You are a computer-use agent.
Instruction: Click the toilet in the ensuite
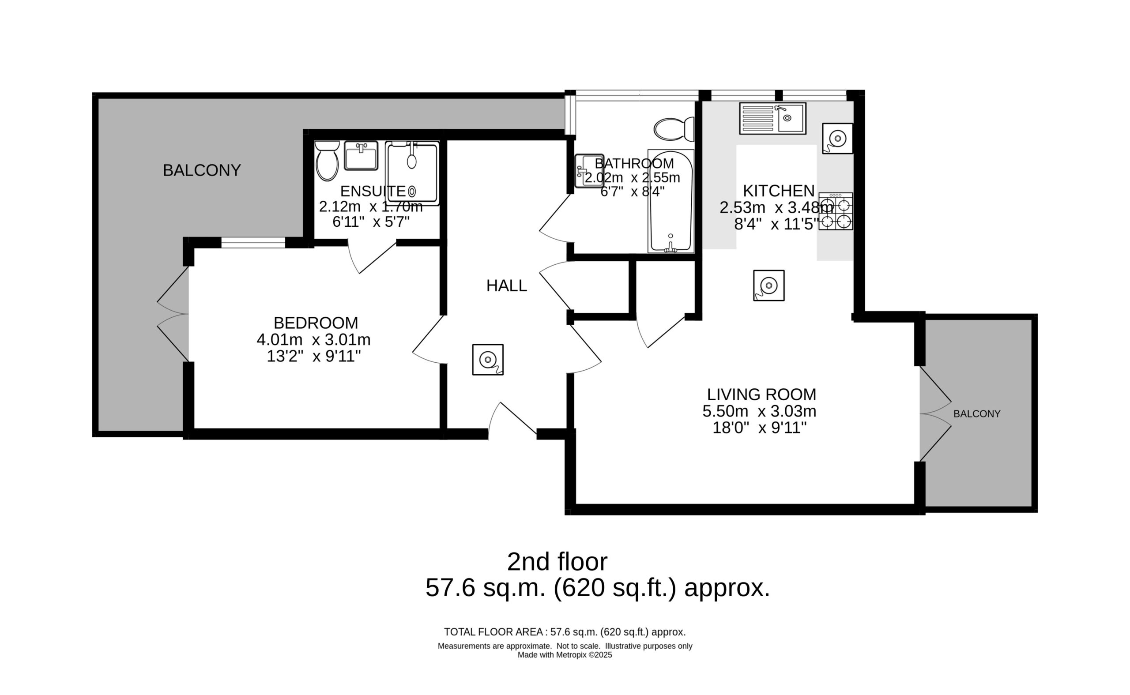click(x=327, y=161)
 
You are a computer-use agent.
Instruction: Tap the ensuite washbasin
click(x=361, y=155)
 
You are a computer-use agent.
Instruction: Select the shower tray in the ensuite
click(x=412, y=173)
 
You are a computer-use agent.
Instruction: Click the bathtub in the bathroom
click(x=671, y=201)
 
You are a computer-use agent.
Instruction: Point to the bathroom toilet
click(x=674, y=129)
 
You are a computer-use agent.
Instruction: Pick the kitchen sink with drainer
click(x=773, y=118)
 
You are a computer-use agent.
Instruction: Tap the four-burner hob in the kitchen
click(x=836, y=211)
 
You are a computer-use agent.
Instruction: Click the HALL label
click(x=507, y=286)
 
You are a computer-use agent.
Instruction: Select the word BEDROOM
click(x=316, y=323)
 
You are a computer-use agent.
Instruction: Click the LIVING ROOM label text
click(x=762, y=394)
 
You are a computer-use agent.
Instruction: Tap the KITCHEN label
click(x=779, y=190)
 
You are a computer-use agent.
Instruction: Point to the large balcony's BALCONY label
click(x=202, y=170)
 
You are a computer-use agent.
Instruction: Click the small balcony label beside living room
click(x=977, y=414)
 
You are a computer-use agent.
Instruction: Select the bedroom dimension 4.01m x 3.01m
click(x=313, y=340)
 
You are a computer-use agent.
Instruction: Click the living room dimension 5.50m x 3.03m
click(x=760, y=411)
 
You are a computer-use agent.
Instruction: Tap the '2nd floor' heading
click(x=557, y=561)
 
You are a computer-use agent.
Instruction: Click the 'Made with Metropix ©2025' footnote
click(x=565, y=655)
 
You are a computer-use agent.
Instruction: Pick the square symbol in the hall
click(x=488, y=360)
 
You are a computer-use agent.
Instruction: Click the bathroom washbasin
click(x=589, y=170)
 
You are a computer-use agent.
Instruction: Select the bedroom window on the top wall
click(x=253, y=242)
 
